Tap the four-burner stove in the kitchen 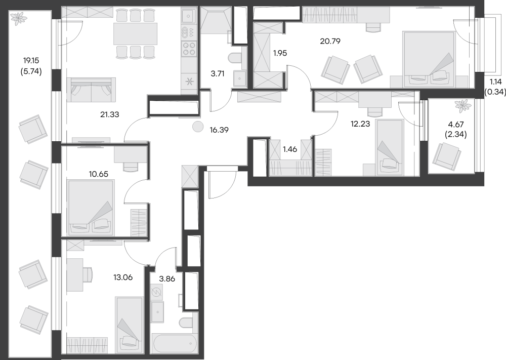point(189,48)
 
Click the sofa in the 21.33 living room point(91,89)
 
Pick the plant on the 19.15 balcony point(20,19)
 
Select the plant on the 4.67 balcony point(461,106)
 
